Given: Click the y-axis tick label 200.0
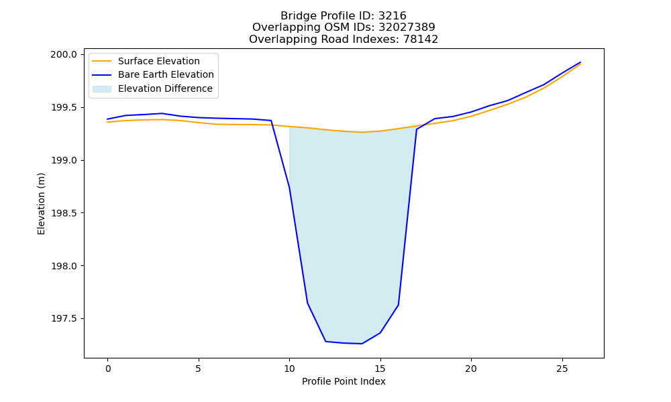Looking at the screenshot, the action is coord(64,55).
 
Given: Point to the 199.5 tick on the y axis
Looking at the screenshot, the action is coord(64,108).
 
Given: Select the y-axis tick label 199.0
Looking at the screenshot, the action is coord(64,161).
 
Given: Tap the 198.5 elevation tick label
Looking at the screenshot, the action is coord(64,213).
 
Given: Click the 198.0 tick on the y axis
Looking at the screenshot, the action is coord(64,266).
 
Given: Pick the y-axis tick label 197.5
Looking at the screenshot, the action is coord(64,319).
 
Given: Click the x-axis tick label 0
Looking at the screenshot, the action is coord(108,368).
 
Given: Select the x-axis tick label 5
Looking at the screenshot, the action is coord(199,368).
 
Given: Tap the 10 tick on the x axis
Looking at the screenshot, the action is coord(289,368).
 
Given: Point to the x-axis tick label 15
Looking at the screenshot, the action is coord(380,368).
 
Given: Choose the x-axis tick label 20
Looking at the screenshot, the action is coord(471,368).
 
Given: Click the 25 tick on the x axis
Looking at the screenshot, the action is coord(562,368).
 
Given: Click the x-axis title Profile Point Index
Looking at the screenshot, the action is coord(344,381).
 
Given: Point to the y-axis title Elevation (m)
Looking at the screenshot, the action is coord(41,204).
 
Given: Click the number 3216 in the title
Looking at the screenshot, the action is coord(393,16).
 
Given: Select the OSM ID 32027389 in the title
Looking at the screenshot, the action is coord(407,27).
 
